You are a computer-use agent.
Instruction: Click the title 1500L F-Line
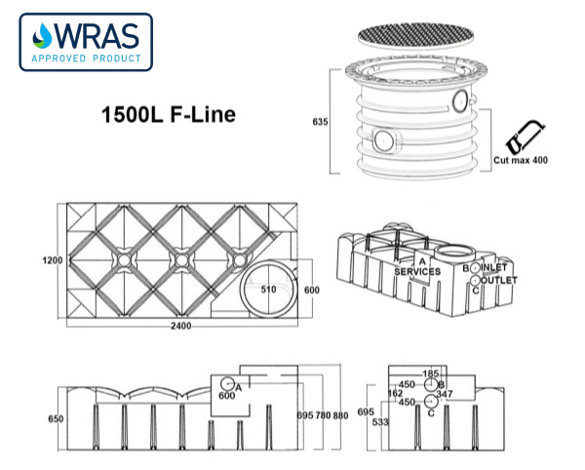point(169,114)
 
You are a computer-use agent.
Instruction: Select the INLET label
point(495,266)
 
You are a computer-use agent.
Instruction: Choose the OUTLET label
point(498,280)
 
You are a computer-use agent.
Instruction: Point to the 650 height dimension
point(56,419)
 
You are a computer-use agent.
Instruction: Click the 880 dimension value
point(339,414)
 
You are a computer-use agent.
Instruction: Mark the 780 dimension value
point(322,414)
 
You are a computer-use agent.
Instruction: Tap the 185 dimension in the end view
point(431,373)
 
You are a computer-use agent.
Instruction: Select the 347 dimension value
point(446,393)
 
